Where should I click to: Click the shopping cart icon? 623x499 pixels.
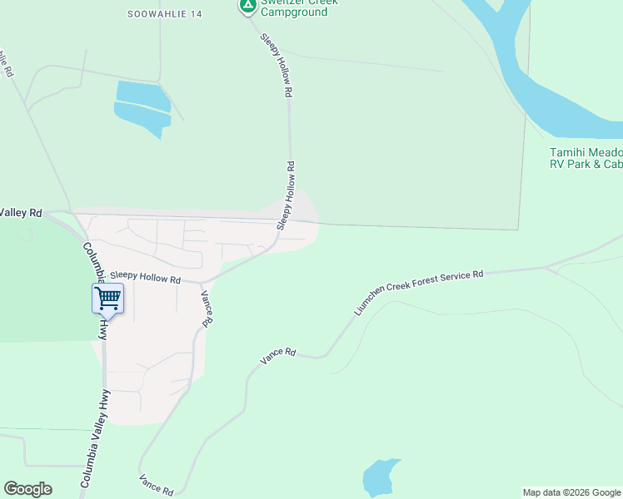107,299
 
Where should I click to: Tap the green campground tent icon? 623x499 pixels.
247,6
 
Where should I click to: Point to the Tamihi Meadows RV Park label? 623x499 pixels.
586,158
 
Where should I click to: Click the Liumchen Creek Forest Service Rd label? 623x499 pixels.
419,291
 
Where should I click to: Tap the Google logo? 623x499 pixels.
27,489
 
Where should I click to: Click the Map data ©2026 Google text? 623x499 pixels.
571,492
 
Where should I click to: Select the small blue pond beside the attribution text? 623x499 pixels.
381,477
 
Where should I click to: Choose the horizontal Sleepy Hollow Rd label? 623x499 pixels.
145,279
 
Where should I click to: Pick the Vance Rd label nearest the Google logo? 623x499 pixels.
156,485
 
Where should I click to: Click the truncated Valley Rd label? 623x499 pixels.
20,213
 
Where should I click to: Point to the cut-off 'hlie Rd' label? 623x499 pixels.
7,63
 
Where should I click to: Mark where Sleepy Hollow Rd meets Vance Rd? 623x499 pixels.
201,283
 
